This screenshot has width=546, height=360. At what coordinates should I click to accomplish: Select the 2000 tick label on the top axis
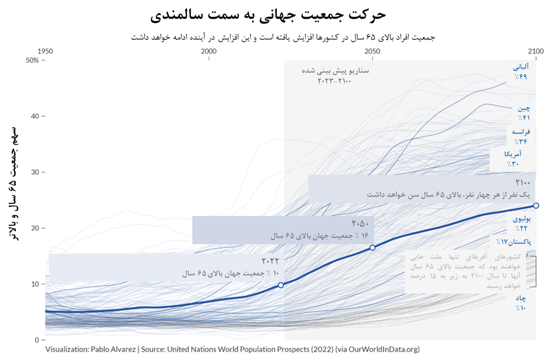(x=209, y=51)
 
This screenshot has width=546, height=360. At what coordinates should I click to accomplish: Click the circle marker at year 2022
(x=281, y=285)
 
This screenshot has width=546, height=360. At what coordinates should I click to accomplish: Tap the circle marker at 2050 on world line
(x=372, y=247)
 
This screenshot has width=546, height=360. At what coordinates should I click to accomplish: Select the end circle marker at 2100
(x=536, y=205)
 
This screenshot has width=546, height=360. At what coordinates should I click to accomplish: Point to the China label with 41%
(x=522, y=113)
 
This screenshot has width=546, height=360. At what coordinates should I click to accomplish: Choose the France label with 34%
(x=521, y=136)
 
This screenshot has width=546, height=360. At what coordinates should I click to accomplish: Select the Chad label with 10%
(x=521, y=303)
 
